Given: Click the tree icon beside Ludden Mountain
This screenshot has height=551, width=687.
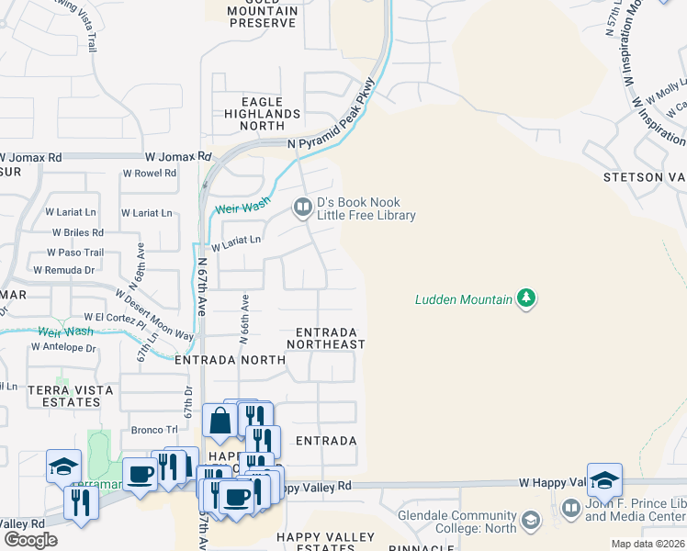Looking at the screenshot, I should [x=525, y=298].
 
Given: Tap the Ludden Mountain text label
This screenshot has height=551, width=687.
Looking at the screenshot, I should [x=463, y=299].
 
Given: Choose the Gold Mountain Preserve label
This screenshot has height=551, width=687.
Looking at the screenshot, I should [x=263, y=11].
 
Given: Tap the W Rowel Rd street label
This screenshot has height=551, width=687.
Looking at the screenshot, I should [x=148, y=173].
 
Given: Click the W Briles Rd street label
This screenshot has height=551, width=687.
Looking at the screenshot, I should [x=77, y=232].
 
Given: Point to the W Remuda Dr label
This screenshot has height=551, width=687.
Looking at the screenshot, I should [x=63, y=270].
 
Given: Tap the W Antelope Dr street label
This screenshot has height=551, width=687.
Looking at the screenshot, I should [x=62, y=348].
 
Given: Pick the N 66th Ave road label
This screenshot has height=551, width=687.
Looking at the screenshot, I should [x=244, y=319].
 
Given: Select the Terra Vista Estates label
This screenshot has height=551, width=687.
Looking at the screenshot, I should [x=71, y=396].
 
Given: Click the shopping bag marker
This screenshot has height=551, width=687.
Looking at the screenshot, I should [x=220, y=422].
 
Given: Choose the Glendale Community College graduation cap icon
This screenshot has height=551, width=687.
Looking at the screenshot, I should [x=530, y=522].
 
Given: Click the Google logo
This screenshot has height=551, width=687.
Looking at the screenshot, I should [x=30, y=540].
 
